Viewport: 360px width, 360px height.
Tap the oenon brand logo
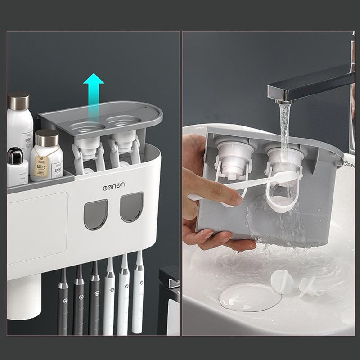point(114,185)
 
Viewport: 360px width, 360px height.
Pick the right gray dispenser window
point(131,207)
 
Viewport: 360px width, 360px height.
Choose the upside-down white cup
point(23,297)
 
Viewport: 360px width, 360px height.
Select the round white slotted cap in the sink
point(282,282)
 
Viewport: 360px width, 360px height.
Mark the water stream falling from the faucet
point(284,130)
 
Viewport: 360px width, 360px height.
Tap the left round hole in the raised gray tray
point(86,126)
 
